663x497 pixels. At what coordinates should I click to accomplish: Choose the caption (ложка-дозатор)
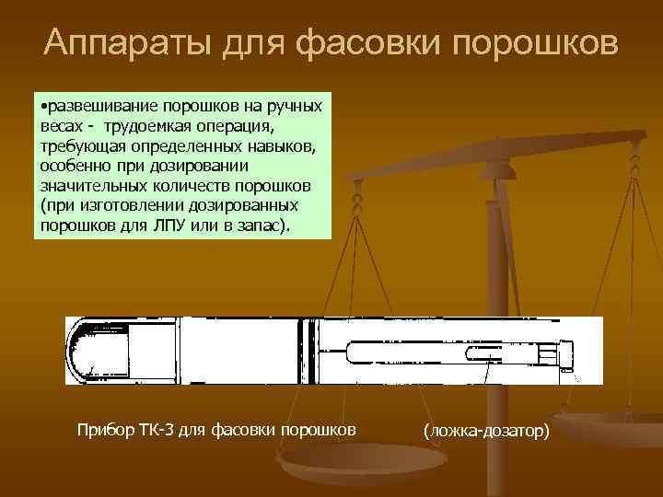(x=485, y=430)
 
